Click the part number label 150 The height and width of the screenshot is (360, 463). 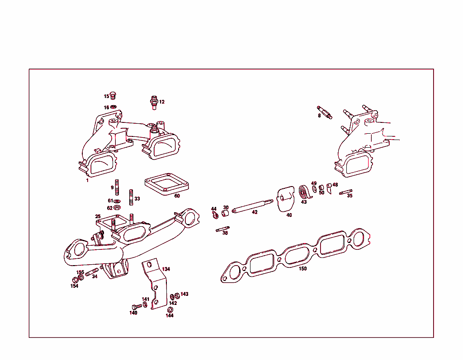pos(302,269)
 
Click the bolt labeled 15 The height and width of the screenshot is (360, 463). pos(113,96)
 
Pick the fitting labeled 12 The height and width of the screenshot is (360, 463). pos(154,102)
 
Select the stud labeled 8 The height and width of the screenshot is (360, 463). pos(325,111)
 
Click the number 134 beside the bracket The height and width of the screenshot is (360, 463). pos(166,269)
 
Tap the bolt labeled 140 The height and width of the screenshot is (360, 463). pos(136,306)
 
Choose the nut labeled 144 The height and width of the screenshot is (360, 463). pos(170,310)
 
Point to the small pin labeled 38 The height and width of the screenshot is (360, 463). pos(222,229)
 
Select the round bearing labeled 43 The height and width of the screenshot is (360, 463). pos(305,192)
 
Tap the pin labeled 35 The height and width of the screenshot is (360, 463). pos(346,192)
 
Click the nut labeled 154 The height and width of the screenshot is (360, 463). pos(75,279)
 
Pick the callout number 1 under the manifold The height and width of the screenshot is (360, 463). pos(87,180)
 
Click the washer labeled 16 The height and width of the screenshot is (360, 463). pos(113,107)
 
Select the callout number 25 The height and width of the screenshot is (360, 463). pos(98,217)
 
